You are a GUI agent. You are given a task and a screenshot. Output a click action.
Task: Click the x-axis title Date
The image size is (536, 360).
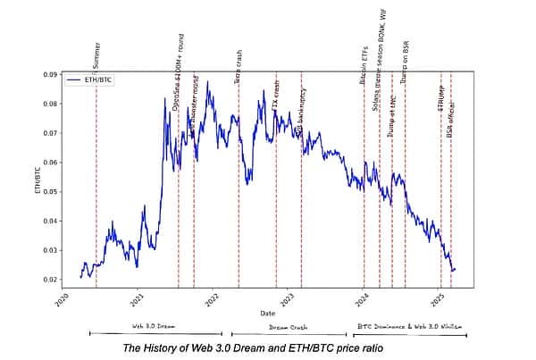click(x=268, y=314)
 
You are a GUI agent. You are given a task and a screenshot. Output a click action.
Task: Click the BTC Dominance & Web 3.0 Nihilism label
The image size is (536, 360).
click(x=407, y=327)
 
